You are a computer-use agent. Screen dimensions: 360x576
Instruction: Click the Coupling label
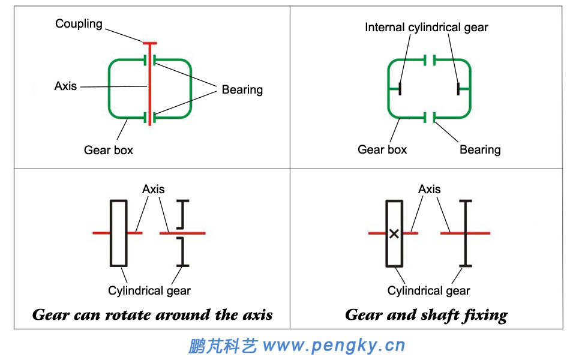[x=79, y=24]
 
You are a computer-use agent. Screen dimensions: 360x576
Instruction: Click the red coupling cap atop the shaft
[x=149, y=43]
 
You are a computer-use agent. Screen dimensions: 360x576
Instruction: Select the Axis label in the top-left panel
[x=65, y=86]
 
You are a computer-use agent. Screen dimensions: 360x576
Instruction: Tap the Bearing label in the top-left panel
[x=242, y=90]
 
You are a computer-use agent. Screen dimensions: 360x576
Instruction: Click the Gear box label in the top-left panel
[x=108, y=150]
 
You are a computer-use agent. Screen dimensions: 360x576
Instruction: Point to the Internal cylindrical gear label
[x=427, y=28]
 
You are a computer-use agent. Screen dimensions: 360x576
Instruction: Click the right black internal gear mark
[x=458, y=89]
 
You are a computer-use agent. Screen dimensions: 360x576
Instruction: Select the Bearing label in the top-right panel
[x=480, y=149]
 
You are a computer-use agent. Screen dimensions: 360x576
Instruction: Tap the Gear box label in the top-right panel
[x=382, y=149]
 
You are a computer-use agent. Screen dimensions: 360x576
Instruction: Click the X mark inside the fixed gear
[x=394, y=234]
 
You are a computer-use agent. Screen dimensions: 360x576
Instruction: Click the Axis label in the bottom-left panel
[x=153, y=189]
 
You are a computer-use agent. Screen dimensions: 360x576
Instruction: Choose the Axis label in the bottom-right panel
[x=429, y=189]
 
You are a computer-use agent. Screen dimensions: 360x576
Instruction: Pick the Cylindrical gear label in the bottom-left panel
[x=149, y=291]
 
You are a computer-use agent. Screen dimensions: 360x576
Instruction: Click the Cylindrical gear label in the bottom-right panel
[x=428, y=291]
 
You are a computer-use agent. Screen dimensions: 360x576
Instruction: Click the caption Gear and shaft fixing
[x=426, y=315]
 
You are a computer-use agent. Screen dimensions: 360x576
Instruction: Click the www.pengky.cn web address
[x=334, y=346]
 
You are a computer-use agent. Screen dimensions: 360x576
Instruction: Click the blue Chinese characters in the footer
[x=223, y=346]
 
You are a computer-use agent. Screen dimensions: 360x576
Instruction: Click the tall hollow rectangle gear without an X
[x=118, y=233]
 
